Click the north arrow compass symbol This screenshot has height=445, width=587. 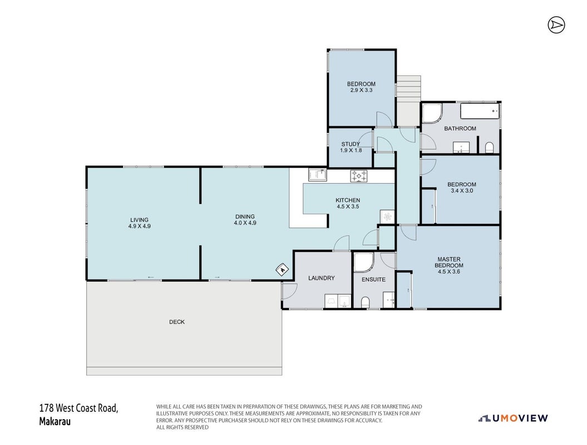pos(556,25)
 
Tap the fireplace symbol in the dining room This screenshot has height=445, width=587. pos(282,269)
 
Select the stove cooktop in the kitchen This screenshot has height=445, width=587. pos(359,176)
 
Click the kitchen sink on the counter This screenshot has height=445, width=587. pos(318,175)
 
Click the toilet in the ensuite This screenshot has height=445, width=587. pos(366,302)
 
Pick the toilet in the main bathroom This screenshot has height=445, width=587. pos(489,147)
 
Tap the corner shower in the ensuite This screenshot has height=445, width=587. pos(363,263)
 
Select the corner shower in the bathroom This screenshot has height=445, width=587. pos(432,113)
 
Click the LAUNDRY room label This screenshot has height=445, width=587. pos(321,278)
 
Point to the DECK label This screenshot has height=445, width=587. pos(177,322)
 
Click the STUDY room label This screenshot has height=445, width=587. pos(351,144)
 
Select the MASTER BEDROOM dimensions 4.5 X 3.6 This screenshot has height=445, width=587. pos(449,271)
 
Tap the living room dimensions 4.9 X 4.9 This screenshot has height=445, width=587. pos(139,226)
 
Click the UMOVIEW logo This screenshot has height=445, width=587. pos(513,418)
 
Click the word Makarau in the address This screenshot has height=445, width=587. pos(55,421)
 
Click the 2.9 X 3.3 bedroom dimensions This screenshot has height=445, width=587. pos(361,90)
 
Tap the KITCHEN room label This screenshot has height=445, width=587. pos(348,200)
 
